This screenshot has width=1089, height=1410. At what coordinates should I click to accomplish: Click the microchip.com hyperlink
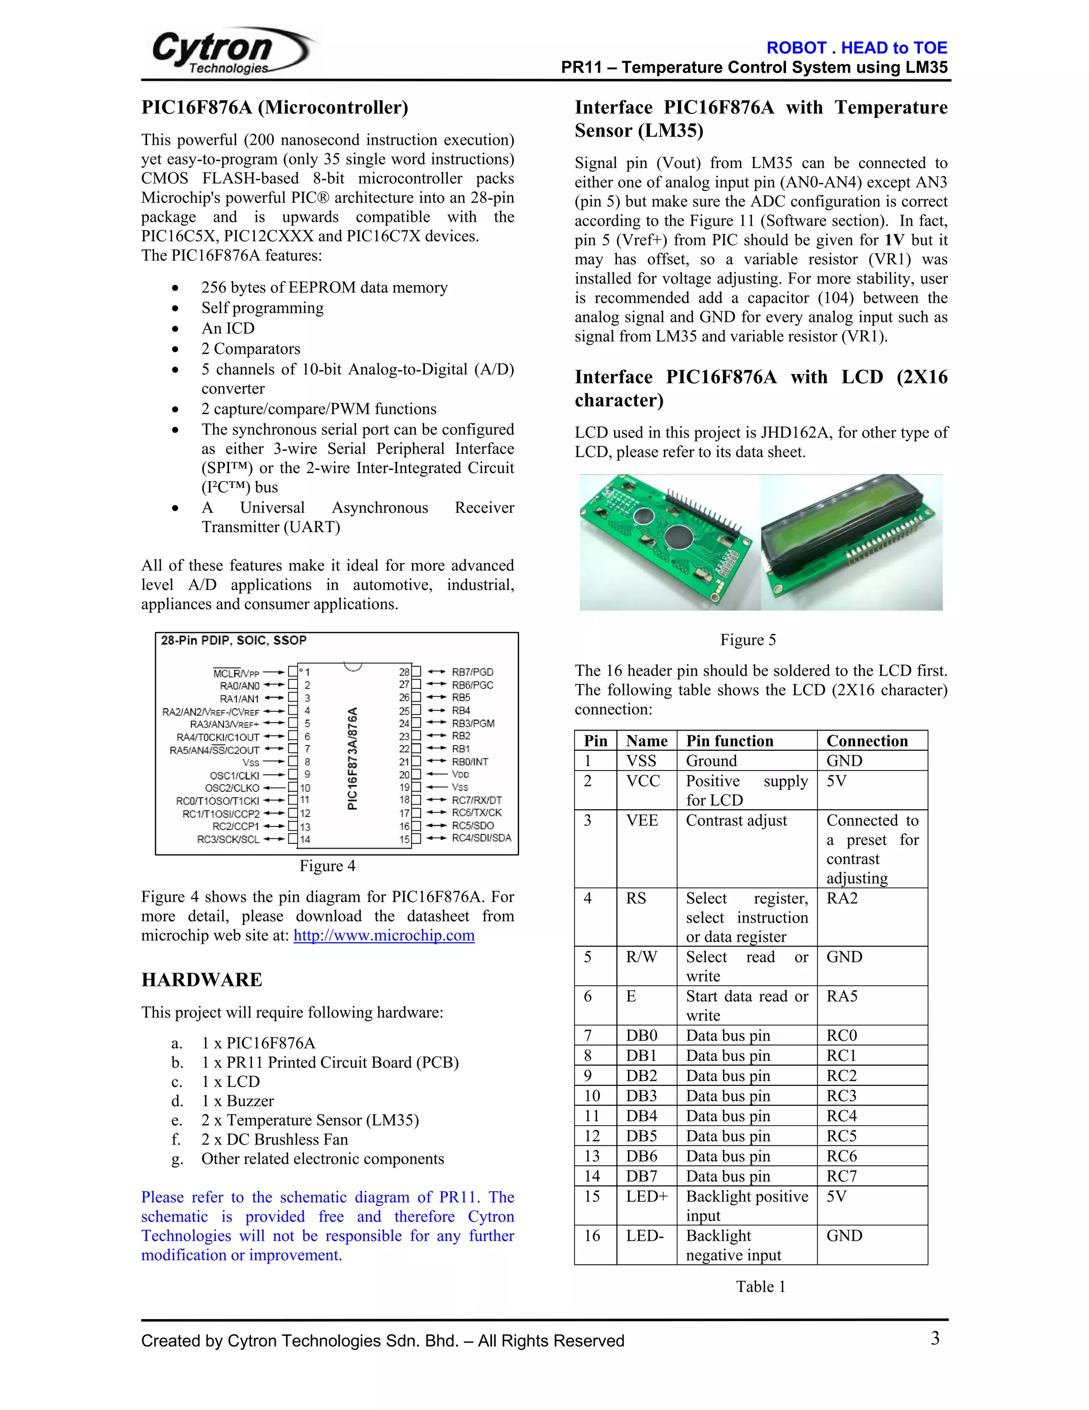pos(384,935)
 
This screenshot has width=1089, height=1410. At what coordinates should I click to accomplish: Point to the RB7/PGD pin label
pos(472,672)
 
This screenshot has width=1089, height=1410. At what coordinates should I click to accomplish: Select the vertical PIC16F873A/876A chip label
pos(352,759)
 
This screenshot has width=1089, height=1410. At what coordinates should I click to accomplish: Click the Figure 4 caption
pos(327,866)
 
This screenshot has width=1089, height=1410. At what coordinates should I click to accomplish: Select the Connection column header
pos(867,741)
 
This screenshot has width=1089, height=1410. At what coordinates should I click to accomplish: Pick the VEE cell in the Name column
pos(642,820)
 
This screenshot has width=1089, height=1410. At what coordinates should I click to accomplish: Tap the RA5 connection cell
pos(842,996)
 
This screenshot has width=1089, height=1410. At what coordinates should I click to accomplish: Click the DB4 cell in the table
pos(641,1116)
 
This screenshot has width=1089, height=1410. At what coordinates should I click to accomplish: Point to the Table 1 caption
pos(760,1287)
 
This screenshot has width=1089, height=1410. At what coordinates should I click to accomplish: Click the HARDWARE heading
pos(202,980)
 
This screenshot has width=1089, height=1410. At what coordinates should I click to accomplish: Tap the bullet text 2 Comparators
pos(250,349)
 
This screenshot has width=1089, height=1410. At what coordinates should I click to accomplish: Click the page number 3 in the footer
pos(935,1338)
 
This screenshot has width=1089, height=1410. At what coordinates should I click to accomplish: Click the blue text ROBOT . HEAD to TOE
pos(856,48)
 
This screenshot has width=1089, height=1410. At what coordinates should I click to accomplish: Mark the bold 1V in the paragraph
pos(894,240)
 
